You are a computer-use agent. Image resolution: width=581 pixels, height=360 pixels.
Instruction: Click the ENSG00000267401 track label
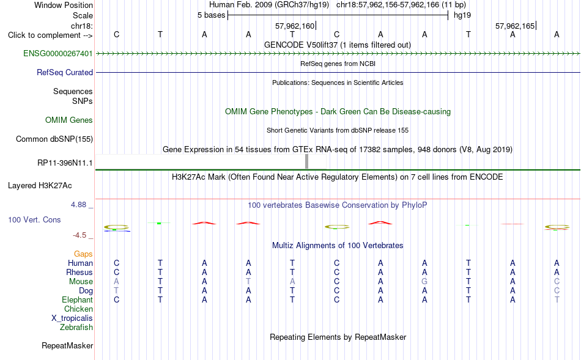[x=58, y=53]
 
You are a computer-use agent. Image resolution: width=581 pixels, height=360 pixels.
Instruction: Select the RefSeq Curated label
[x=65, y=72]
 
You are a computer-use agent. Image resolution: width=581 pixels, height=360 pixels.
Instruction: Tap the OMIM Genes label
[x=69, y=120]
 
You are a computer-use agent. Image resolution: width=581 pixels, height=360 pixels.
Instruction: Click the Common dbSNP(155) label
[x=54, y=139]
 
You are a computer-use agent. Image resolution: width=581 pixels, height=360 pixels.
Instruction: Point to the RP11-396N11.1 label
[x=65, y=163]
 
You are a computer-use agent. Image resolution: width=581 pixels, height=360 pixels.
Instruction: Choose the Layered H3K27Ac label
[x=40, y=186]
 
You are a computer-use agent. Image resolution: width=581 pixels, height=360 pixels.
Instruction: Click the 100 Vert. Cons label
[x=34, y=219]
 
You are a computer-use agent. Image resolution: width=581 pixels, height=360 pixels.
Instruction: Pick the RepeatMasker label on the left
[x=67, y=345]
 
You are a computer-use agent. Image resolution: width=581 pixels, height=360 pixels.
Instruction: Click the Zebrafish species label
[x=76, y=327]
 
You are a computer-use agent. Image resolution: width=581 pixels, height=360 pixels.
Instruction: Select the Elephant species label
[x=78, y=299]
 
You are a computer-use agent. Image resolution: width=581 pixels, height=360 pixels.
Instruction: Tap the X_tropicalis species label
[x=72, y=318]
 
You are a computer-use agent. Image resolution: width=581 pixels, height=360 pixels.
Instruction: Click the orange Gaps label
[x=83, y=254]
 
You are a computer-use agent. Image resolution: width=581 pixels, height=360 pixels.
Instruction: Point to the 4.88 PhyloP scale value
[x=78, y=204]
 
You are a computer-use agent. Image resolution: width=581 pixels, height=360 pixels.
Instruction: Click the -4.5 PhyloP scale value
[x=80, y=235]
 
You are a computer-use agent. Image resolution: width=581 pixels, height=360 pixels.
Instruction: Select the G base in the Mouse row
[x=424, y=282]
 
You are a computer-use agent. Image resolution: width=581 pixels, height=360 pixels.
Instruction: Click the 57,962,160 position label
[x=295, y=26]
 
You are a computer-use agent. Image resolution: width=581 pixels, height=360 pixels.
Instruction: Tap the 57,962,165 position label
[x=515, y=26]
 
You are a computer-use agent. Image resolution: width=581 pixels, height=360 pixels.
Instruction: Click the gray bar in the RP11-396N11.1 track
[x=306, y=161]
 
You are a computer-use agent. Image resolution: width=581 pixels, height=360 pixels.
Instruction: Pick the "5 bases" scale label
[x=211, y=15]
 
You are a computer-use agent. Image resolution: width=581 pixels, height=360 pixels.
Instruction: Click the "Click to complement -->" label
[x=50, y=35]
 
